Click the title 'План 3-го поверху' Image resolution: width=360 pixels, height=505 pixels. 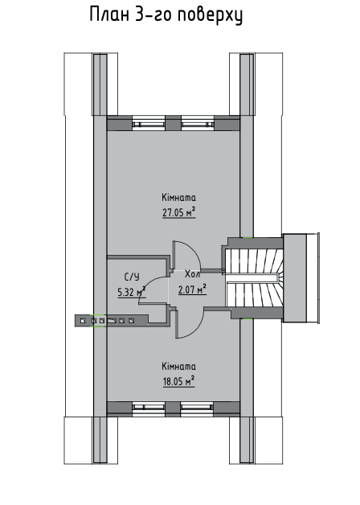pos(166,15)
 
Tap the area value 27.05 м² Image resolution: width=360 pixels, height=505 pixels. pos(179,212)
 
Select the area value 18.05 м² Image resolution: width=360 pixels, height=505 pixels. pos(179,381)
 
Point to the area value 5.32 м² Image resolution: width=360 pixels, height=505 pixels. pos(132,292)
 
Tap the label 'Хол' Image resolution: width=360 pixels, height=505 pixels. pos(192,274)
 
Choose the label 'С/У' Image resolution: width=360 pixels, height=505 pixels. pos(132,277)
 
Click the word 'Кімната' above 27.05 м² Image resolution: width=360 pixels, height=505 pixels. pos(179,197)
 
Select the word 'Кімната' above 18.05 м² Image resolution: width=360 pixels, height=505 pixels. pos(179,366)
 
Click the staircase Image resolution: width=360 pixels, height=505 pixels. pos(254,278)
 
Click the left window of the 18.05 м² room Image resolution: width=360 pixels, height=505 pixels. pos(149,408)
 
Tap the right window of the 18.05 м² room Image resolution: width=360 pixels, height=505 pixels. pos(197,408)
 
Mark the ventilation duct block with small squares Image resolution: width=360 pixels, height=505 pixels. pos(112,321)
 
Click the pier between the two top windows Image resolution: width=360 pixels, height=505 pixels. pos(173,123)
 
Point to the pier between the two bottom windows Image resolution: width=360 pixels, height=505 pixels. pos(173,409)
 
